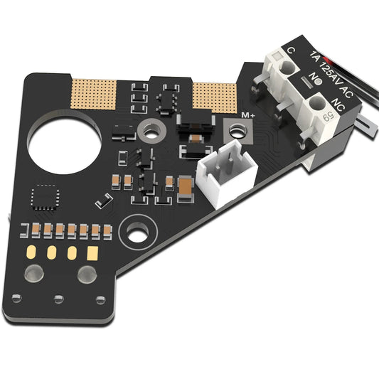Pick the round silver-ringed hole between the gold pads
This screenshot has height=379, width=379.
(151, 130)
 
